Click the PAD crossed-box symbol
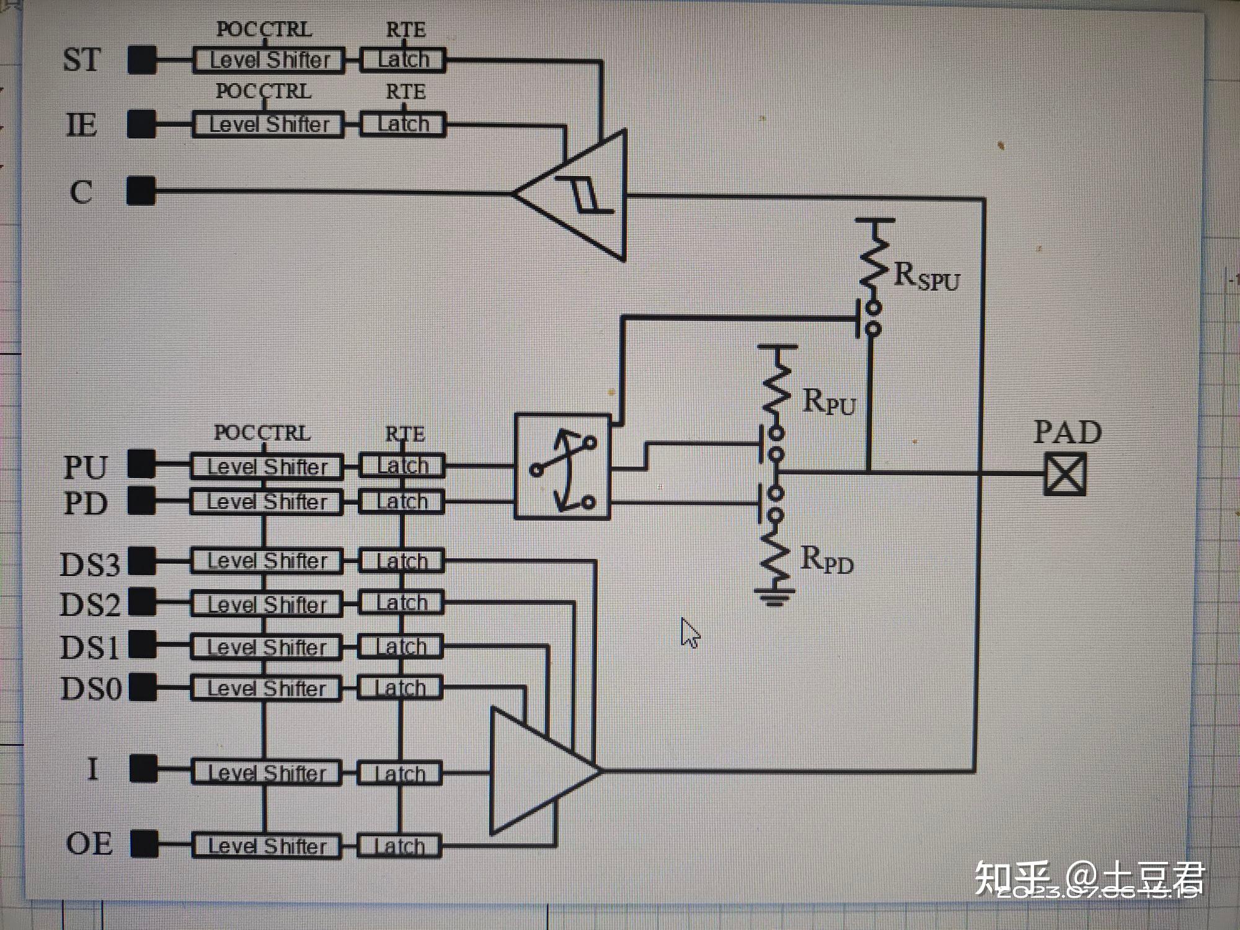[x=1065, y=474]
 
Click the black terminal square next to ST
[x=141, y=60]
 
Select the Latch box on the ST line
[x=403, y=60]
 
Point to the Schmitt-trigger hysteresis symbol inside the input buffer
[x=583, y=195]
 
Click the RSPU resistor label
[x=926, y=277]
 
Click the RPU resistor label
[x=829, y=402]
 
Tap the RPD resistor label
[x=826, y=560]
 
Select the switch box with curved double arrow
[x=562, y=467]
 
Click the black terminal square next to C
[x=141, y=191]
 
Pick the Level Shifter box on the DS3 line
[x=267, y=561]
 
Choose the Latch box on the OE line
[x=400, y=846]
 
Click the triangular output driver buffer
[x=539, y=771]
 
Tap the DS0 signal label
[x=91, y=689]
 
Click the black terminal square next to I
[x=143, y=769]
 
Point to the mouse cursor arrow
[x=689, y=632]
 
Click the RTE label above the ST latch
[x=405, y=30]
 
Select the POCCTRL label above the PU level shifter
[x=262, y=433]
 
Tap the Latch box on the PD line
[x=402, y=502]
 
